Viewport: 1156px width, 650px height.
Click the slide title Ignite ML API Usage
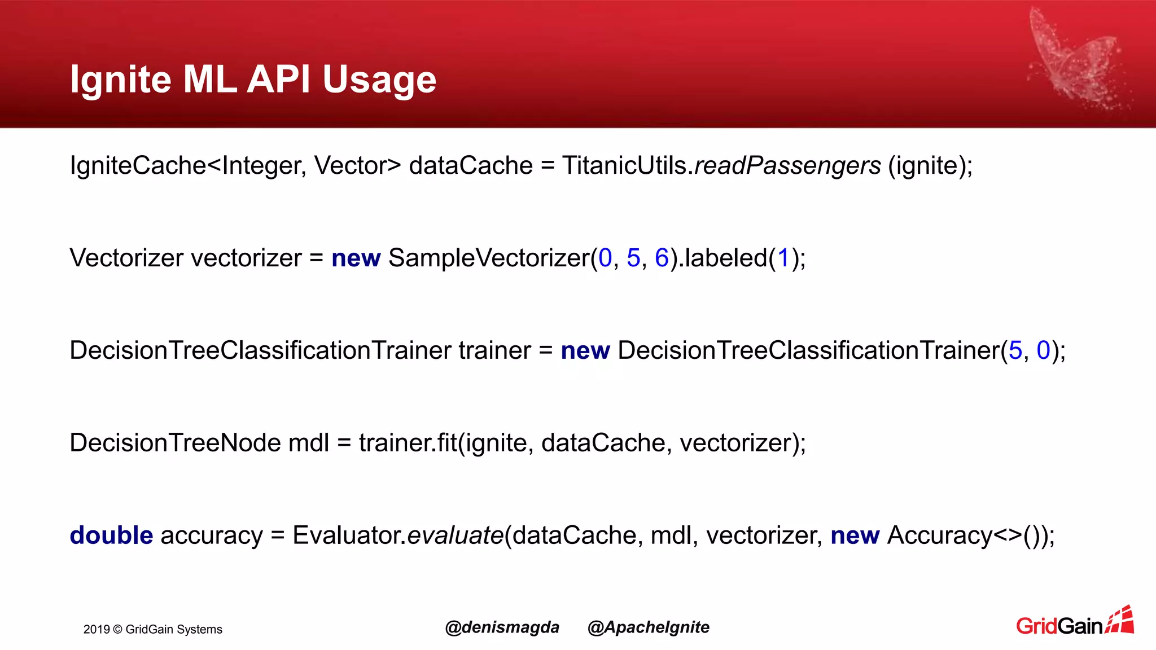(x=253, y=79)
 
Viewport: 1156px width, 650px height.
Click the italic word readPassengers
(x=787, y=165)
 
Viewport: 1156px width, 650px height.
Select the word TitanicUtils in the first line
(x=624, y=165)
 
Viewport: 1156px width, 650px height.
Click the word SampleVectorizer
(x=489, y=258)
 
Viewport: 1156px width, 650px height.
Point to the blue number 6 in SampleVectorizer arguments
(x=662, y=258)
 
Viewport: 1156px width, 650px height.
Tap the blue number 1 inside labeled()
(x=783, y=258)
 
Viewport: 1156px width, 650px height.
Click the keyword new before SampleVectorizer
(x=356, y=258)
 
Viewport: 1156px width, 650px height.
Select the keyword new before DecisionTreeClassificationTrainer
(x=585, y=351)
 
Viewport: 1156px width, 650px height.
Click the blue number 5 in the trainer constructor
(x=1015, y=350)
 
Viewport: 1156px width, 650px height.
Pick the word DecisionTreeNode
(x=175, y=443)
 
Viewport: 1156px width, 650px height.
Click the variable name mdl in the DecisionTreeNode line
(x=308, y=443)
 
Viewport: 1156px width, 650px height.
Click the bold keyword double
(x=111, y=535)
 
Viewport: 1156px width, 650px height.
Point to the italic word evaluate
(x=455, y=535)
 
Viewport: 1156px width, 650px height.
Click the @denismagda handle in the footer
(x=502, y=627)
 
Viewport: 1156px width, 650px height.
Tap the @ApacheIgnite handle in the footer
(x=648, y=627)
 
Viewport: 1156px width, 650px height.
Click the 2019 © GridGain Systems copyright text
(x=153, y=630)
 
